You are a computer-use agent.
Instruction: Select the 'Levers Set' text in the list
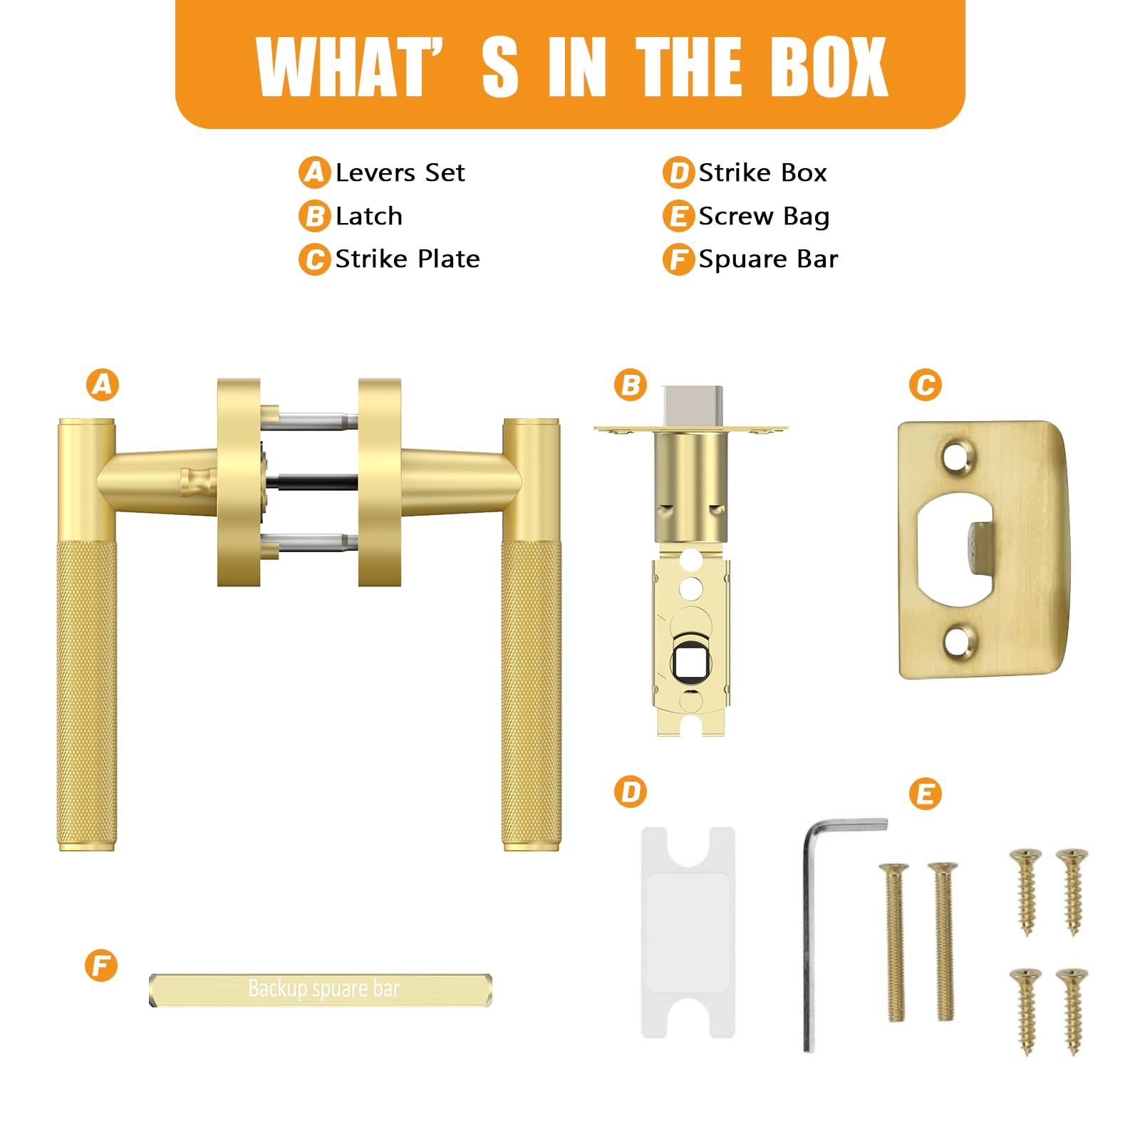400,173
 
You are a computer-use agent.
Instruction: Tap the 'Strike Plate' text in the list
408,259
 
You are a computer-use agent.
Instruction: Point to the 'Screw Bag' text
764,217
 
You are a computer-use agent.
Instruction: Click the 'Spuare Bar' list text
768,259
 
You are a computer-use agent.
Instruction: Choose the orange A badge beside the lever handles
103,385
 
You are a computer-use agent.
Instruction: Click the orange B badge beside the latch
631,385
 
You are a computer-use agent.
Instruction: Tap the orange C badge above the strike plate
926,385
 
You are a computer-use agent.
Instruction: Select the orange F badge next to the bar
101,965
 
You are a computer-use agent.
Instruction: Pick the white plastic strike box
688,932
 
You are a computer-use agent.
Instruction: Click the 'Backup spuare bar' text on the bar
323,989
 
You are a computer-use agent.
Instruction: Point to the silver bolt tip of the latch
693,406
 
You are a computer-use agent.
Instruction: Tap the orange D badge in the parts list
678,173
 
